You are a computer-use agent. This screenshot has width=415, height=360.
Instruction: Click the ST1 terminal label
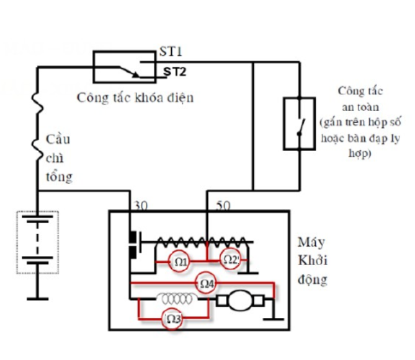pos(171,51)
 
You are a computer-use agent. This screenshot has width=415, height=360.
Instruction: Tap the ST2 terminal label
pos(175,72)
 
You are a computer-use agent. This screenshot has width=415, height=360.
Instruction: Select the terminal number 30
pos(141,206)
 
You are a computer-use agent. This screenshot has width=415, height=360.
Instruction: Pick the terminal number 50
pos(223,205)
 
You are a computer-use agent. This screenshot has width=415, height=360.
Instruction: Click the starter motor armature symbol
pos(240,301)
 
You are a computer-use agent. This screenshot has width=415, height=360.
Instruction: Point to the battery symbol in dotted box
pos(38,242)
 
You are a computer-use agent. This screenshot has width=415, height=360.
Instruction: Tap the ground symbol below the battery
pos(38,299)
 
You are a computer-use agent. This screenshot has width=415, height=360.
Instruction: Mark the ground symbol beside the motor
pos(274,318)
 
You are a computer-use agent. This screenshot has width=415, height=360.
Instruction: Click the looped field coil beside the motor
pos(177,299)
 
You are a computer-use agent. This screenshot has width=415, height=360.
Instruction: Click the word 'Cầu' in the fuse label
pos(58,139)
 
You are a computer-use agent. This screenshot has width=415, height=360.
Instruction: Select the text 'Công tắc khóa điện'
pos(135,98)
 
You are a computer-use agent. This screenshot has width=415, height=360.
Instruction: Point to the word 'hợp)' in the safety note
pos(360,153)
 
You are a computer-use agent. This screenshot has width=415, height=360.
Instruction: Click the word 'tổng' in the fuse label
pos(59,177)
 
